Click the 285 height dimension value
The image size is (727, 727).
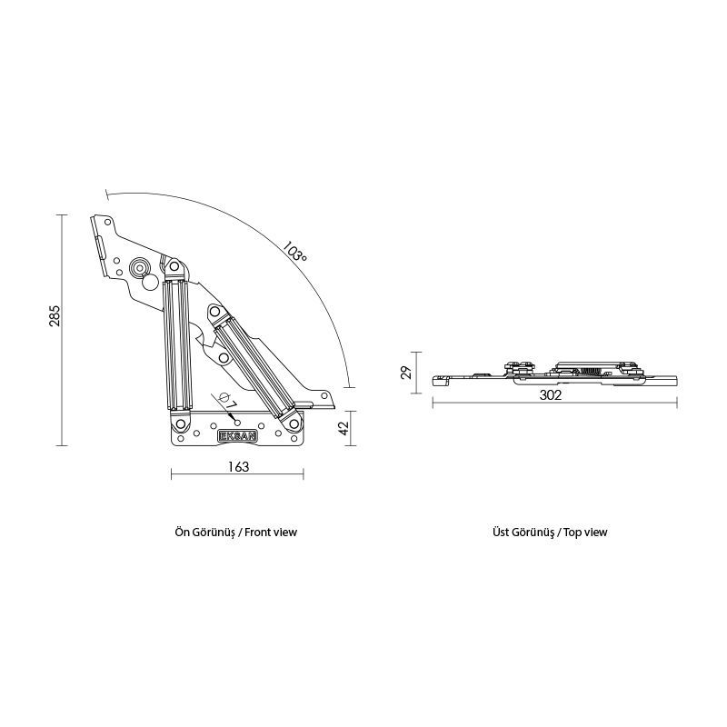(x=55, y=315)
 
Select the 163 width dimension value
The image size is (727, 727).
(x=238, y=466)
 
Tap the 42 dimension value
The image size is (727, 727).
(x=344, y=428)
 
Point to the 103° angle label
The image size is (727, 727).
(x=294, y=252)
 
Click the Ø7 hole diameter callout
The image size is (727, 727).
(x=226, y=401)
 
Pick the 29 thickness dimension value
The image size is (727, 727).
(x=406, y=373)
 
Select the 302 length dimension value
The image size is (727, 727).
(x=551, y=395)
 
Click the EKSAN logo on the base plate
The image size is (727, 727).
(x=237, y=435)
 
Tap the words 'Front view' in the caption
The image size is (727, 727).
(x=271, y=533)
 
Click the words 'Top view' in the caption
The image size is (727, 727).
(x=585, y=533)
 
